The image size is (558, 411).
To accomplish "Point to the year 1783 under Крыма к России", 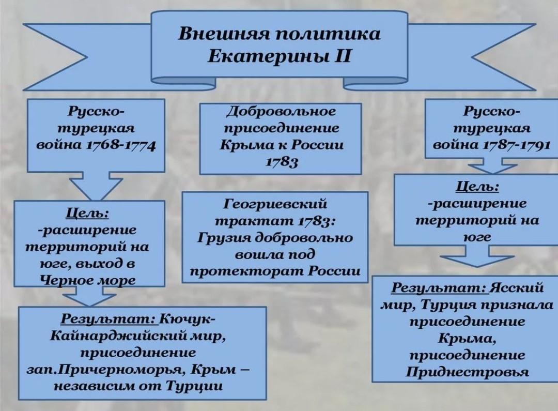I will [x=282, y=162].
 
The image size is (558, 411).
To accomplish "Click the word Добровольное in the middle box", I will [x=281, y=112].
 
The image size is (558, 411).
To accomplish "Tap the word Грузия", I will [x=226, y=238].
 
